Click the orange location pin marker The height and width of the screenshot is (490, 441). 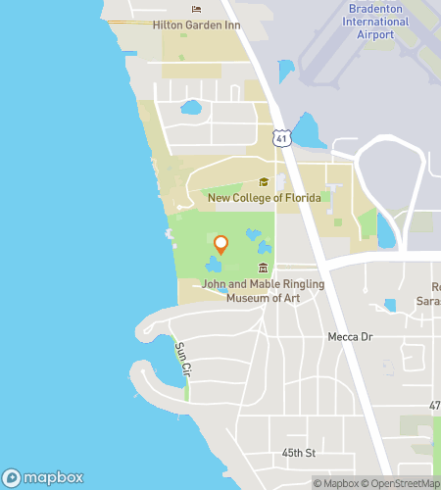(220, 244)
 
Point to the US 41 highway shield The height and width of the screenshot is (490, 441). (282, 140)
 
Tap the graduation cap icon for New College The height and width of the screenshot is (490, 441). (263, 182)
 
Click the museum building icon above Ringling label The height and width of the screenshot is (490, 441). (263, 269)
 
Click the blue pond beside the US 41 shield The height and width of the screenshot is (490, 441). (310, 130)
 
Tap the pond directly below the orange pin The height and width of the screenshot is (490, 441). (213, 265)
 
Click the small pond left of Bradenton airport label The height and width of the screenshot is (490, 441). (285, 71)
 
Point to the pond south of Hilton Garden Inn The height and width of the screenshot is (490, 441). (191, 107)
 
